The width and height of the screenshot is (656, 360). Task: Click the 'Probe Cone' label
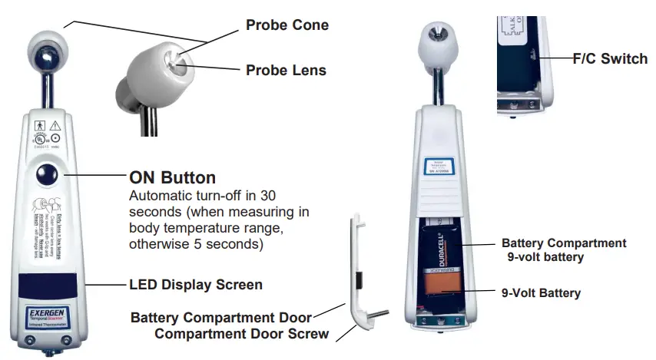pos(287,25)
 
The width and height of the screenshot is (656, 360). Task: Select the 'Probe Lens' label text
pos(286,71)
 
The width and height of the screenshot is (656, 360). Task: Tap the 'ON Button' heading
pos(172,177)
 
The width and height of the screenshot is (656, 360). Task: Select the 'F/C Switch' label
pos(610,58)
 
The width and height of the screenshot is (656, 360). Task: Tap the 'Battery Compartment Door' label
pos(221,317)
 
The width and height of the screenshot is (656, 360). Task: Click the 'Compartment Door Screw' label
pos(241,334)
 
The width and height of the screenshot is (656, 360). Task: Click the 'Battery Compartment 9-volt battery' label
pos(564,250)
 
